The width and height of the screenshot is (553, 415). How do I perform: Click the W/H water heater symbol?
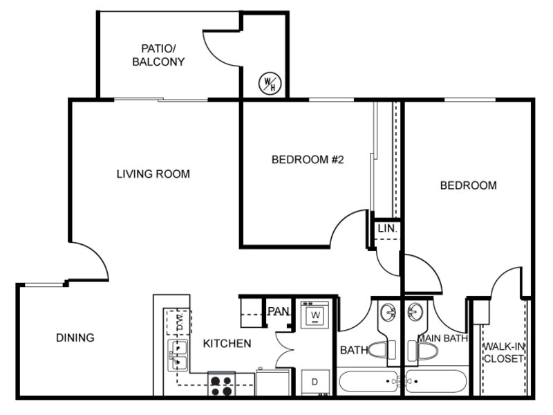coord(270,83)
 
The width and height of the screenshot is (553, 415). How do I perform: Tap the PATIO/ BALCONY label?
coord(158,55)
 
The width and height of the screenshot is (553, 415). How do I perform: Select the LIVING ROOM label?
coord(153,174)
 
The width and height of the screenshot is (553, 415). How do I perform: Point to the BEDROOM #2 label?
coord(308,160)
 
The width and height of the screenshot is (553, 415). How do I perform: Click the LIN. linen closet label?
coord(387,228)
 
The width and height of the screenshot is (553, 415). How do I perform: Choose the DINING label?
coord(75,338)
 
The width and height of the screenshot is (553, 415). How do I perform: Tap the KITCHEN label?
coord(227,343)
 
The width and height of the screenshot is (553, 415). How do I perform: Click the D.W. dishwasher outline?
coord(179,322)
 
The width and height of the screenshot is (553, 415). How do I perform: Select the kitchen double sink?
coord(178,356)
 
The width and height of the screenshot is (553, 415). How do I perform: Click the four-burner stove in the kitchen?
coord(221,384)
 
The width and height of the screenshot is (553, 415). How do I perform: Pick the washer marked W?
coord(315,315)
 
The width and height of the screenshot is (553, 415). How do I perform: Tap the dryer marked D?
coord(315,382)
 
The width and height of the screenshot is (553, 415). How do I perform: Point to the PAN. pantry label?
coord(279,311)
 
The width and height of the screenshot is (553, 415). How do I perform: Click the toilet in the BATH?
coord(382,350)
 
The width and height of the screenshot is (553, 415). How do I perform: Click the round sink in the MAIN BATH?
coord(415,312)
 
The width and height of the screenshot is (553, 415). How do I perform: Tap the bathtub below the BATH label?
coord(369,381)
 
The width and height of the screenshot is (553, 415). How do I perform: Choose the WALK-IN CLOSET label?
coord(504,353)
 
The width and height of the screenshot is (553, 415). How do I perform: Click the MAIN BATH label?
coord(443,338)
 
